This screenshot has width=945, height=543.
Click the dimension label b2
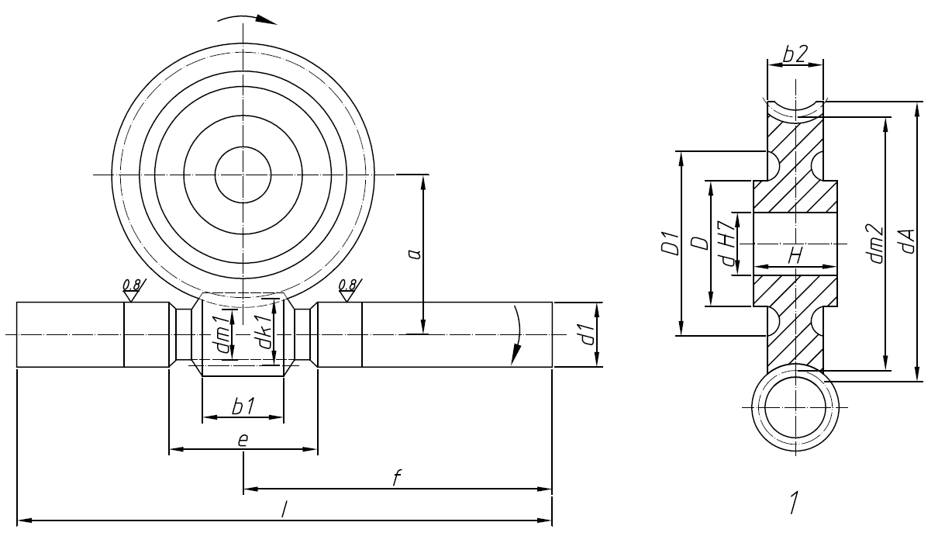click(795, 54)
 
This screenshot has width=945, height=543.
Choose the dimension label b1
click(242, 406)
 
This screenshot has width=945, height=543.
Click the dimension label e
click(243, 439)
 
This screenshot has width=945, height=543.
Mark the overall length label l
click(285, 508)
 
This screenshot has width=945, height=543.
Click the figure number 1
click(793, 503)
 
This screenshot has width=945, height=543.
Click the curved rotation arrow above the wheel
click(247, 19)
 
